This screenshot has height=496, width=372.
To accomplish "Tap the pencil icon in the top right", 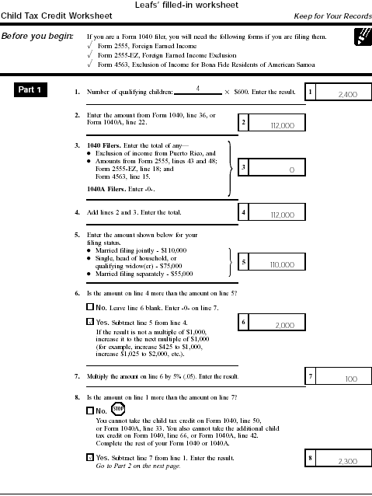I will pyautogui.click(x=360, y=36).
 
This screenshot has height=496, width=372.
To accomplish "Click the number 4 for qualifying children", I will pyautogui.click(x=198, y=89).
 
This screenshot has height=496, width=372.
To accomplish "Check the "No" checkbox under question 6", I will pyautogui.click(x=90, y=307).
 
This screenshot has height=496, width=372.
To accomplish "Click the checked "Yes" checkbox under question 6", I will pyautogui.click(x=90, y=320).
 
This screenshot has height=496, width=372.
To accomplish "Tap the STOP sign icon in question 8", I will pyautogui.click(x=118, y=409).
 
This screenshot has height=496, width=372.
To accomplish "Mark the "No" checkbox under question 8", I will pyautogui.click(x=90, y=410).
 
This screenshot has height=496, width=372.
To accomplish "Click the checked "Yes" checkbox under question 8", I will pyautogui.click(x=90, y=459).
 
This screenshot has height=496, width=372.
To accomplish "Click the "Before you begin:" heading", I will pyautogui.click(x=38, y=36).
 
